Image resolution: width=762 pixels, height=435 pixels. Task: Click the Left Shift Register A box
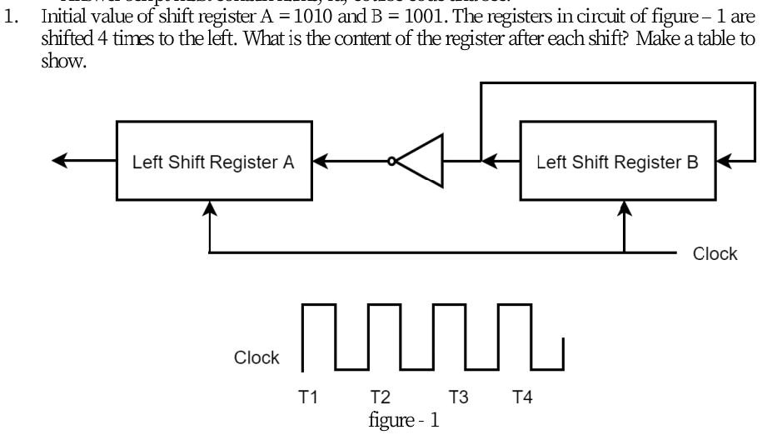click(213, 162)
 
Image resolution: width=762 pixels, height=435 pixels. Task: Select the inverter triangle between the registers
click(421, 162)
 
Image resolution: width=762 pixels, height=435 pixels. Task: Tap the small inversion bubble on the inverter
click(391, 162)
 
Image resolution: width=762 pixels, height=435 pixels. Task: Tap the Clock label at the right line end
click(715, 253)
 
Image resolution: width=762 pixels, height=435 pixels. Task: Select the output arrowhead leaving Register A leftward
click(60, 162)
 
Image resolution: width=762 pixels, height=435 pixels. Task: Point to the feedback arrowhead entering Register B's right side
click(721, 162)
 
